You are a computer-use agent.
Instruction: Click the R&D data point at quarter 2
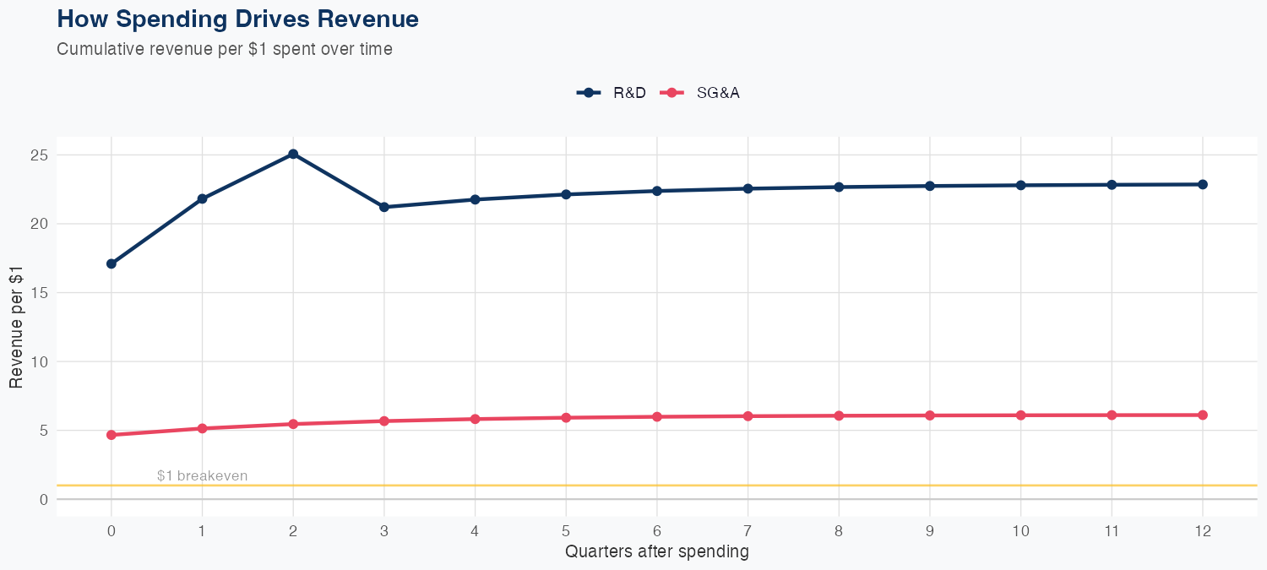(x=293, y=154)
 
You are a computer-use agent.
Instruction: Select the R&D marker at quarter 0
(x=111, y=263)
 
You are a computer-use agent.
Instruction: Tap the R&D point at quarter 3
(x=384, y=207)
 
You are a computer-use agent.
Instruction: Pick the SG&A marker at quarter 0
(x=111, y=435)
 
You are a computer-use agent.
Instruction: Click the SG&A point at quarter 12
(x=1203, y=415)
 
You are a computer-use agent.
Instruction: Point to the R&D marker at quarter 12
(x=1203, y=184)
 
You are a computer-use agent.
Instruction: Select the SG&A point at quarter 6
(x=656, y=416)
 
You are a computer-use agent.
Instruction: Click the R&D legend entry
(x=612, y=93)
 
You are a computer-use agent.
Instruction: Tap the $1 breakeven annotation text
(x=202, y=476)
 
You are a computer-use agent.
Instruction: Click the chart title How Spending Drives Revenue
(x=237, y=19)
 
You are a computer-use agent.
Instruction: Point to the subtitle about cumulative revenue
(x=224, y=49)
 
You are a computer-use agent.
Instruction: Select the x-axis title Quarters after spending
(x=656, y=552)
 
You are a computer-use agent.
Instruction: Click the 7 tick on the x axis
(x=748, y=531)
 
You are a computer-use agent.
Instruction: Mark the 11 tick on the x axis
(x=1112, y=531)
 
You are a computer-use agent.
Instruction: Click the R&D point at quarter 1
(x=202, y=198)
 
